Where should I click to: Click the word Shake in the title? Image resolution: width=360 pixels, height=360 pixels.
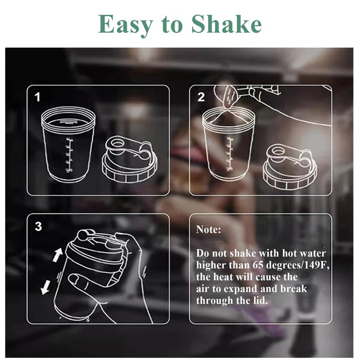click(226, 24)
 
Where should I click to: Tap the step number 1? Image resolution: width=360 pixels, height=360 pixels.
click(37, 97)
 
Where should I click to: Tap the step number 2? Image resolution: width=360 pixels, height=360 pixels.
click(201, 97)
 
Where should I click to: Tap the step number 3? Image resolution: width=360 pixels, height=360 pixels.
click(39, 226)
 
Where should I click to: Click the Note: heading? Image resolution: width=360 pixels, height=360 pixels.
click(208, 229)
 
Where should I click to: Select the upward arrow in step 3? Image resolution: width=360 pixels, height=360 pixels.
click(58, 254)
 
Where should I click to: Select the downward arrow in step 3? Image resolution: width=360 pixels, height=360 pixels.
click(45, 287)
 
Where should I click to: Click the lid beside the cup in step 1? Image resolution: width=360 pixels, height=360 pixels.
click(130, 159)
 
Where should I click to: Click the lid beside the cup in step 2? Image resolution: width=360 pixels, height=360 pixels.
click(290, 166)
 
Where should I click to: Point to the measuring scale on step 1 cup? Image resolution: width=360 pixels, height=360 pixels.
click(69, 154)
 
